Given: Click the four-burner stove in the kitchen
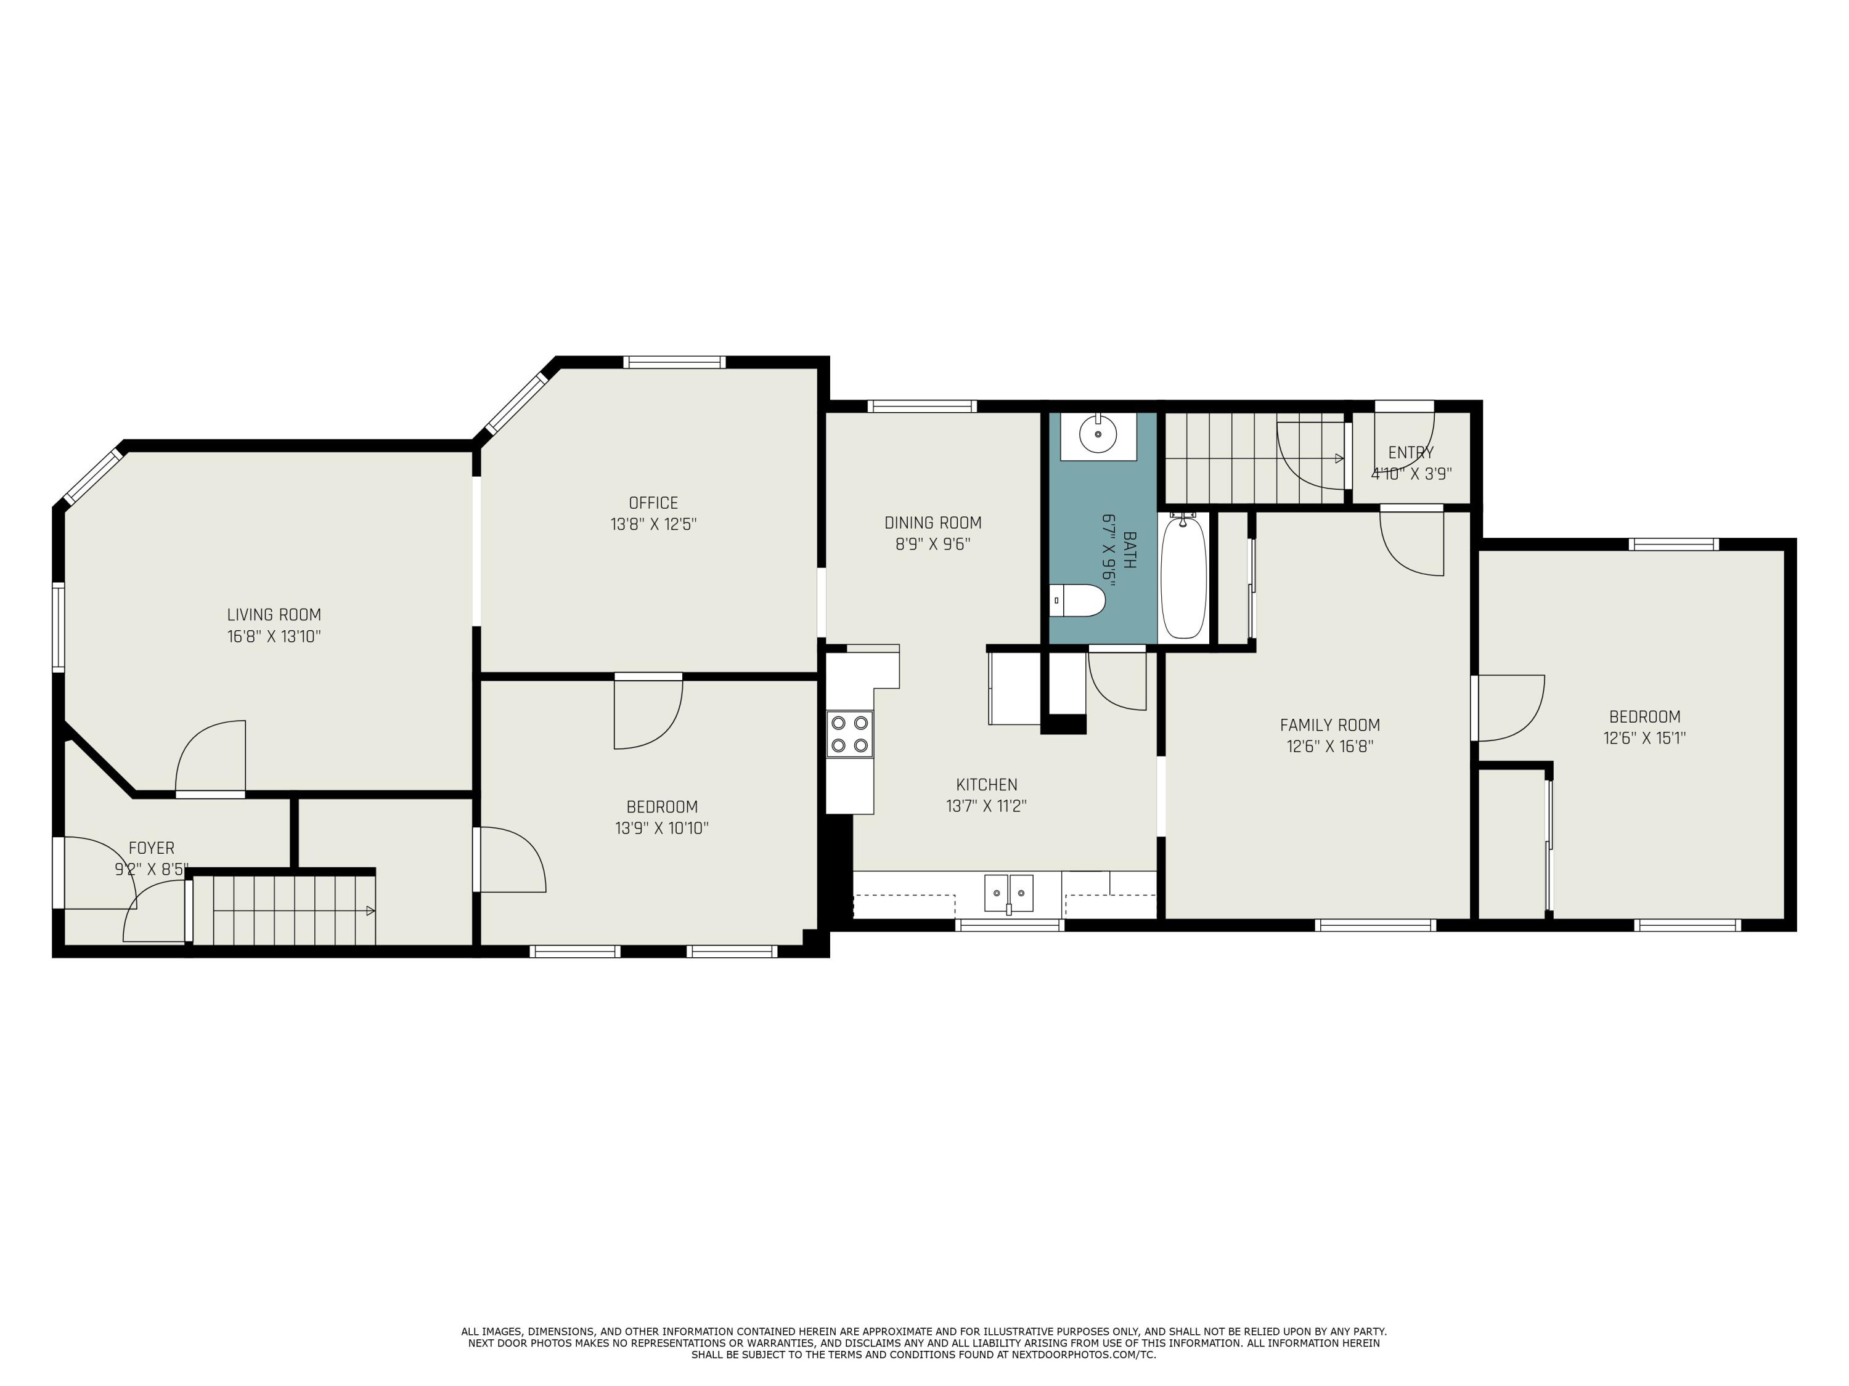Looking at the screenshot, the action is click(x=849, y=734).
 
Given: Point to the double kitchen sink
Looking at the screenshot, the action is click(x=1009, y=894).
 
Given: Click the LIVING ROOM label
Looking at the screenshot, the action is click(x=274, y=615).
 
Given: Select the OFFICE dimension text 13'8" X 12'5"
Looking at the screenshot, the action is click(x=654, y=525).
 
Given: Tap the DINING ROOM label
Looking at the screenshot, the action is click(x=933, y=523).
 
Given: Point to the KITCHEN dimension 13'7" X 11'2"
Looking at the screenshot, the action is click(x=986, y=806).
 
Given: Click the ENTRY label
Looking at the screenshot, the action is click(x=1411, y=453).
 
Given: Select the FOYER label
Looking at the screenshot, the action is click(x=151, y=849).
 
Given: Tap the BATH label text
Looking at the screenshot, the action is click(x=1129, y=549).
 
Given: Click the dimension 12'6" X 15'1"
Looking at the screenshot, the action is click(x=1644, y=739).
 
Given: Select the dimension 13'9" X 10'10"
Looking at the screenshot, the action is click(x=662, y=829).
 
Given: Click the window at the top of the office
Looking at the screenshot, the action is click(x=674, y=362).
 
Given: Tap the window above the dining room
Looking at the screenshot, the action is click(x=922, y=406).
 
